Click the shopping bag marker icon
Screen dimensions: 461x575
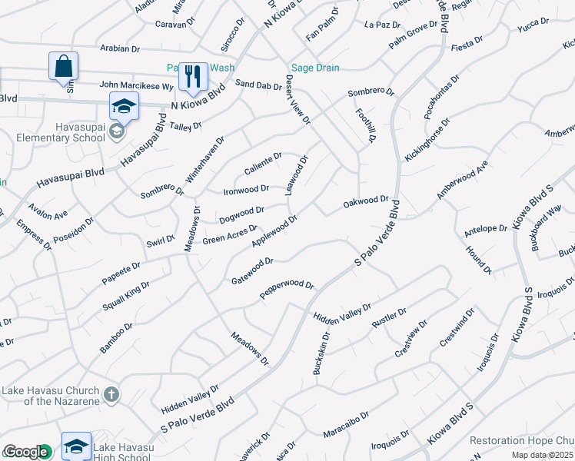coord(63,65)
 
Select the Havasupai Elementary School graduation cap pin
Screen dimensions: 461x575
coord(124,106)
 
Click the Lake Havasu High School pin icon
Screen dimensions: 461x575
coord(77,446)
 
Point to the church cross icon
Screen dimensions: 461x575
coord(111,394)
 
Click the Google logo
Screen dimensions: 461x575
coord(25,453)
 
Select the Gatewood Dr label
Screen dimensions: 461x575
coord(252,271)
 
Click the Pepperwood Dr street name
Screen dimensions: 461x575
coord(287,289)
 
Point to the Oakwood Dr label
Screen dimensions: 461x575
coord(366,201)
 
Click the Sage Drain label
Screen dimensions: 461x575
coord(314,68)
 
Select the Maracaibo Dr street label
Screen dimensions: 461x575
coord(346,424)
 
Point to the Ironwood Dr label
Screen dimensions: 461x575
coord(246,189)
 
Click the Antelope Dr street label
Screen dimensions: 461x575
coord(486,228)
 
